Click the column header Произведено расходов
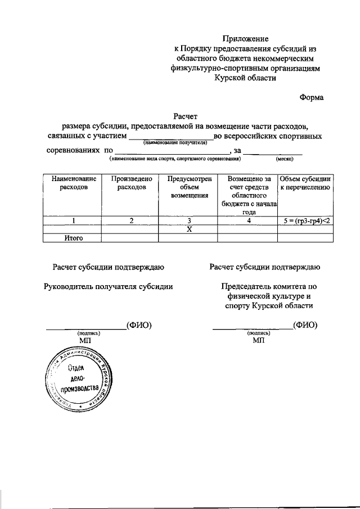[131, 183]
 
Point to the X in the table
[189, 229]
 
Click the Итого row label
[73, 238]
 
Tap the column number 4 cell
[247, 220]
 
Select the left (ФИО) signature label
[139, 325]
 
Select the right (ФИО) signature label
[305, 325]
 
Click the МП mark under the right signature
[258, 340]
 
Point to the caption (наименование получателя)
[172, 143]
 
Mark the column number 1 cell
[73, 220]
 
